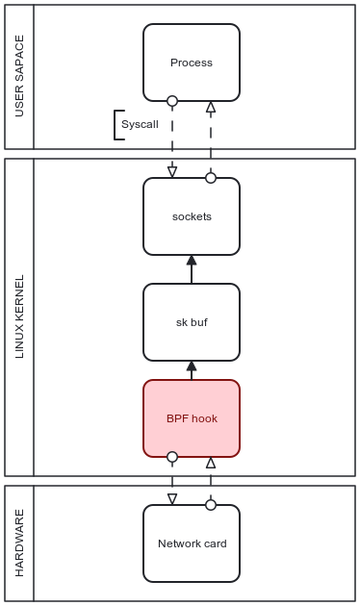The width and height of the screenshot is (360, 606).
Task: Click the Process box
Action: [x=191, y=63]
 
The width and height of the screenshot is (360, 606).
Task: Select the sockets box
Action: [x=191, y=216]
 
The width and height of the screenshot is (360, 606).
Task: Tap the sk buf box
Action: [x=191, y=322]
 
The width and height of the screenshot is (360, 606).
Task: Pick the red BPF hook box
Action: [x=191, y=418]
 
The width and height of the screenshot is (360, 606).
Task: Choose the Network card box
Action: [x=191, y=543]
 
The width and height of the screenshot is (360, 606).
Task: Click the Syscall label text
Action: [x=140, y=125]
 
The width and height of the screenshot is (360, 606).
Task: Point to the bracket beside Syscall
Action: [x=117, y=125]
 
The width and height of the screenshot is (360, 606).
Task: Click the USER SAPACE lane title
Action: [x=19, y=77]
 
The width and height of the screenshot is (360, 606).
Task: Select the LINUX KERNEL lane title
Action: [x=19, y=317]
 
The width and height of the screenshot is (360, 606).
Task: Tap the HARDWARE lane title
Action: [x=19, y=543]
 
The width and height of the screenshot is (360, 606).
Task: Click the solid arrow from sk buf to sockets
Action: [x=192, y=269]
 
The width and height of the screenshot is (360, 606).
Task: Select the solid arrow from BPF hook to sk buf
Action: [x=192, y=370]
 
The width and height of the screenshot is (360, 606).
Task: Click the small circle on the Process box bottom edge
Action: [x=172, y=101]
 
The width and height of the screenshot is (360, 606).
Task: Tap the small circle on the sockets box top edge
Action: [x=211, y=178]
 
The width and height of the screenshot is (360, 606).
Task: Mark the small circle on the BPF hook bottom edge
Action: [x=172, y=457]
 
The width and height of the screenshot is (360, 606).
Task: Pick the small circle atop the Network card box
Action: [x=211, y=505]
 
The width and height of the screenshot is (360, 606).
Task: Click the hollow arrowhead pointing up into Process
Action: [x=211, y=107]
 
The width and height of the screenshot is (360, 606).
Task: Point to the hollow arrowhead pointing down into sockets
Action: [x=172, y=172]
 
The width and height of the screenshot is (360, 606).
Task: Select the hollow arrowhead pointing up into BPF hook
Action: [x=211, y=463]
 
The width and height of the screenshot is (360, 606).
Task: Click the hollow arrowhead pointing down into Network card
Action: [x=172, y=499]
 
